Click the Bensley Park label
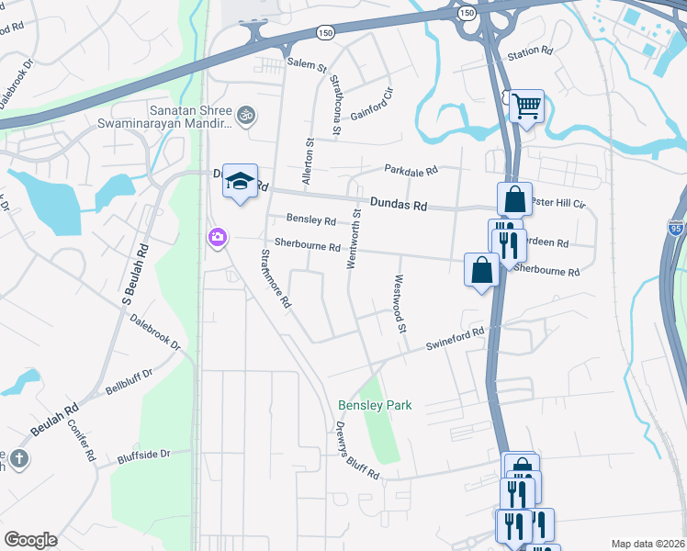(x=375, y=405)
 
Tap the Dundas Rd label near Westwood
(x=399, y=205)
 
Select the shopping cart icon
(x=526, y=107)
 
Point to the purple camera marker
(x=217, y=238)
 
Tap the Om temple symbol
(x=245, y=116)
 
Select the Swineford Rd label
(x=454, y=339)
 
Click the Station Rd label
(x=530, y=52)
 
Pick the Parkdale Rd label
(x=411, y=170)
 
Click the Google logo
(x=31, y=540)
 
